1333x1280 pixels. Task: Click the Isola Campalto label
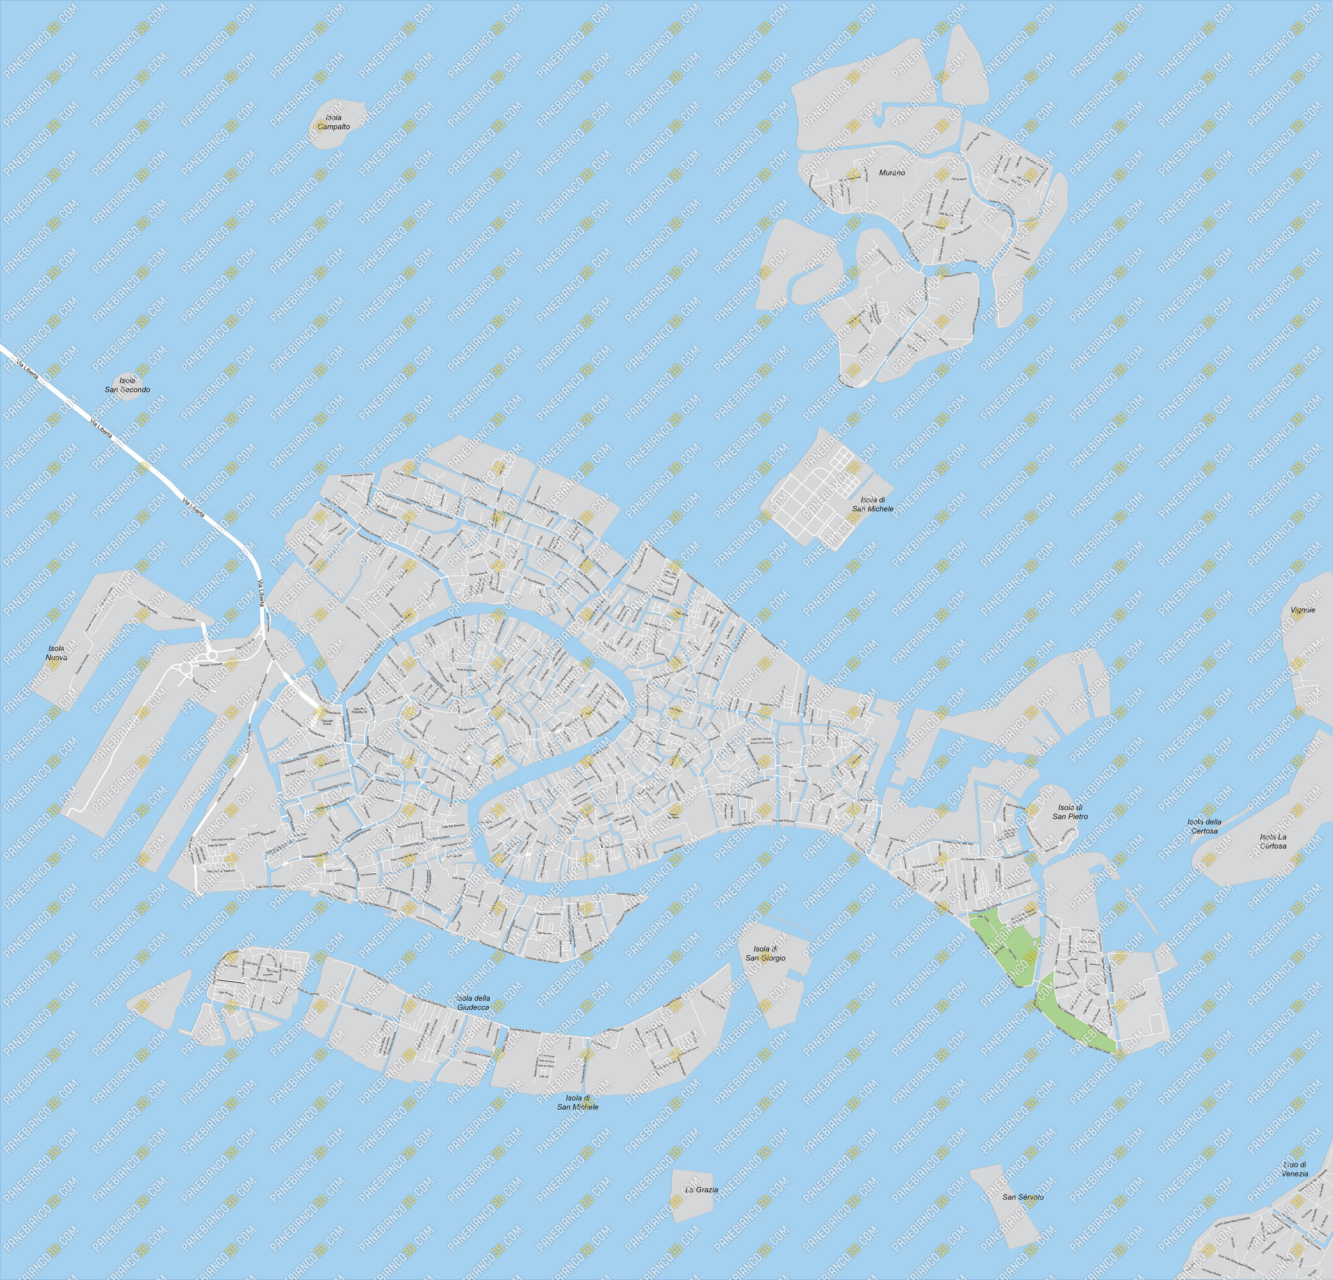pos(333,122)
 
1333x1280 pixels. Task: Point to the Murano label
pos(892,173)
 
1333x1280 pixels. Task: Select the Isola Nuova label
pos(56,653)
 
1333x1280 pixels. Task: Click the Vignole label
pos(1302,610)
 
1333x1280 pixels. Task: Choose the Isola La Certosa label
pos(1273,841)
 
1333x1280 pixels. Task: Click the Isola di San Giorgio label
pos(765,953)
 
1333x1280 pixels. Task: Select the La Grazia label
pos(701,1189)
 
